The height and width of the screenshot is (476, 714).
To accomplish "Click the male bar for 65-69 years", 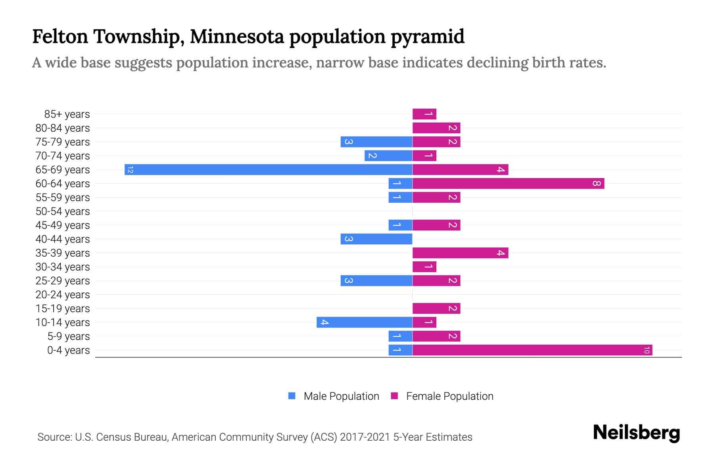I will point(268,170).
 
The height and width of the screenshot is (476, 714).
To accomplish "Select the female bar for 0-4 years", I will point(532,350).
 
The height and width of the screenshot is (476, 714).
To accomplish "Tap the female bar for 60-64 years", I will point(508,184).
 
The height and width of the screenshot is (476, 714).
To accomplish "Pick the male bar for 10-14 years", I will point(364,322).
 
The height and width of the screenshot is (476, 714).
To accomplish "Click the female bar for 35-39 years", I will point(460,253).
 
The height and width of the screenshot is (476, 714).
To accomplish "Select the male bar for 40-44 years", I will point(376,239).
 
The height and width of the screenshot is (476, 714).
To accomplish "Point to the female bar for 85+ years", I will point(424,114).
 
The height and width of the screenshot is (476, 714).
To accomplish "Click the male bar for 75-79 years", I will point(376,142).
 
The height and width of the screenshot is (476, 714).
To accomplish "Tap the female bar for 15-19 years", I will point(436,309).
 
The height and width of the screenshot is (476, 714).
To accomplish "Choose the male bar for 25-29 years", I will point(376,281).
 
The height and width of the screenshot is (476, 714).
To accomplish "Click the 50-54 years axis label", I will point(63,211).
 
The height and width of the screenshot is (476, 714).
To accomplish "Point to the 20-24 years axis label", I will point(63,295).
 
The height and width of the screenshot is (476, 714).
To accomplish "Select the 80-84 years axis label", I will point(63,128).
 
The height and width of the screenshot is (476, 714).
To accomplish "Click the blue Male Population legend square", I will point(292,396).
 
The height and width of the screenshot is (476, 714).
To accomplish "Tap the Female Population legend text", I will point(449,396).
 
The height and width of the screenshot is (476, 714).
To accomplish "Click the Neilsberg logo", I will point(636,433).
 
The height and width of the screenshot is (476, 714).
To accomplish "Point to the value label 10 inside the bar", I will point(647,350).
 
